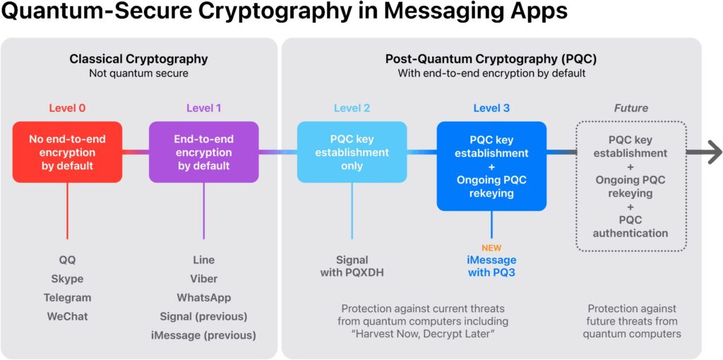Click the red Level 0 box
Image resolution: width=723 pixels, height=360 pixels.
pyautogui.click(x=67, y=152)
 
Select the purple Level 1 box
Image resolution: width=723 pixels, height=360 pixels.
pyautogui.click(x=203, y=152)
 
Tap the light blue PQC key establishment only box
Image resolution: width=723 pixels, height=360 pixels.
pyautogui.click(x=352, y=152)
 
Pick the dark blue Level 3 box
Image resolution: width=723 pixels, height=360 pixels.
pyautogui.click(x=491, y=166)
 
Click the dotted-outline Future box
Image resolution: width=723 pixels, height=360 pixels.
pyautogui.click(x=630, y=186)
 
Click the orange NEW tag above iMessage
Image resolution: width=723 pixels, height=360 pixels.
pyautogui.click(x=491, y=248)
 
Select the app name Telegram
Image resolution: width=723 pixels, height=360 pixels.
pyautogui.click(x=67, y=298)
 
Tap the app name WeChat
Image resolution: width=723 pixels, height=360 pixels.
pyautogui.click(x=67, y=316)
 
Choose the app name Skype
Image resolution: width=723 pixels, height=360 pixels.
pyautogui.click(x=67, y=279)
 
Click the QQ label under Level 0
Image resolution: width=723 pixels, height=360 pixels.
pyautogui.click(x=67, y=260)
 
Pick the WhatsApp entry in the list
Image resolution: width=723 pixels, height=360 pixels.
pyautogui.click(x=203, y=298)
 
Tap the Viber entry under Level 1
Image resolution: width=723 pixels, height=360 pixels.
pyautogui.click(x=203, y=279)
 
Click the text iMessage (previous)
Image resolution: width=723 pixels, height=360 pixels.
pyautogui.click(x=203, y=335)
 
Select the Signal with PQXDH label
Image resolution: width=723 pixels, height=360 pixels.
pyautogui.click(x=352, y=266)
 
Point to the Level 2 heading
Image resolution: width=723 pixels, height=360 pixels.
pyautogui.click(x=352, y=108)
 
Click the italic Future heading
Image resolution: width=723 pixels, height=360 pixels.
pyautogui.click(x=630, y=108)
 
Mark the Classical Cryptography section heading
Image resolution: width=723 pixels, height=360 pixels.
pyautogui.click(x=138, y=59)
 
